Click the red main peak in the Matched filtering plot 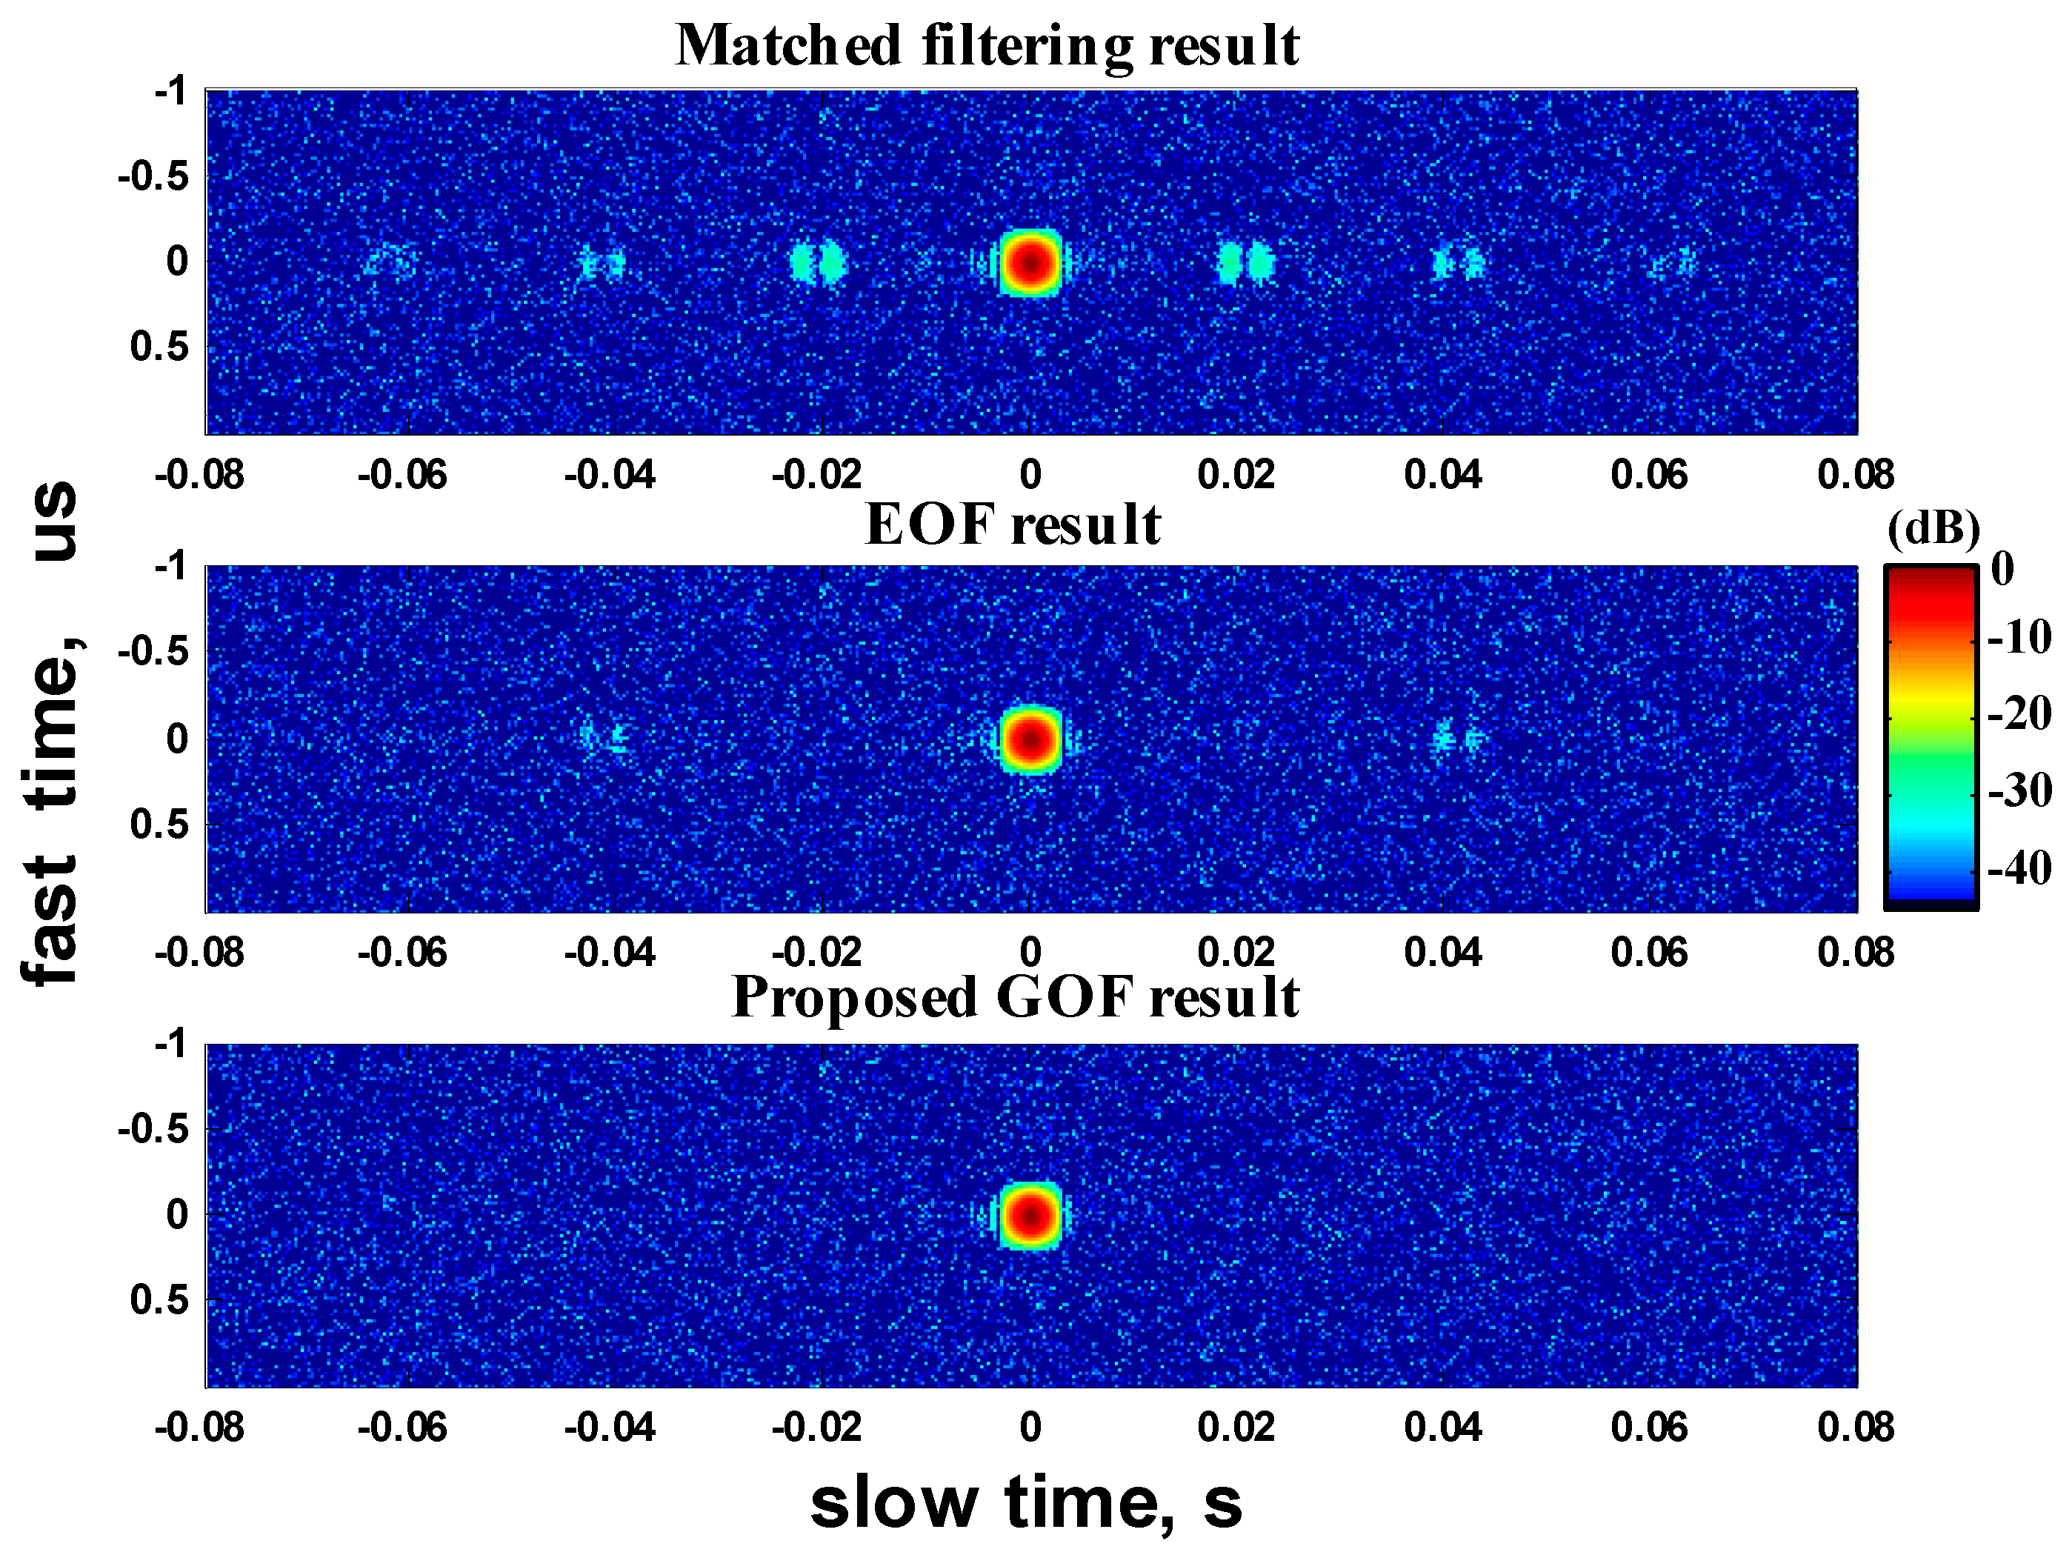pyautogui.click(x=1030, y=262)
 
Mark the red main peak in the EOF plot pyautogui.click(x=1030, y=739)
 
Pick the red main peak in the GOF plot pyautogui.click(x=1030, y=1215)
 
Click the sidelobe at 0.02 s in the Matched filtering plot pyautogui.click(x=1246, y=263)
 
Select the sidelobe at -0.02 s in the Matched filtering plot pyautogui.click(x=817, y=263)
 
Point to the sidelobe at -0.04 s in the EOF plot pyautogui.click(x=603, y=737)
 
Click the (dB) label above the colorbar pyautogui.click(x=1933, y=529)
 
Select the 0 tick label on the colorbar pyautogui.click(x=2002, y=569)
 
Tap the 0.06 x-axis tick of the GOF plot pyautogui.click(x=1648, y=1428)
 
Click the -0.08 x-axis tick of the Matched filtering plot pyautogui.click(x=199, y=475)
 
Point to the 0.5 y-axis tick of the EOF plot pyautogui.click(x=159, y=825)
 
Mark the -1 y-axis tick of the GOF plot pyautogui.click(x=170, y=1042)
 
